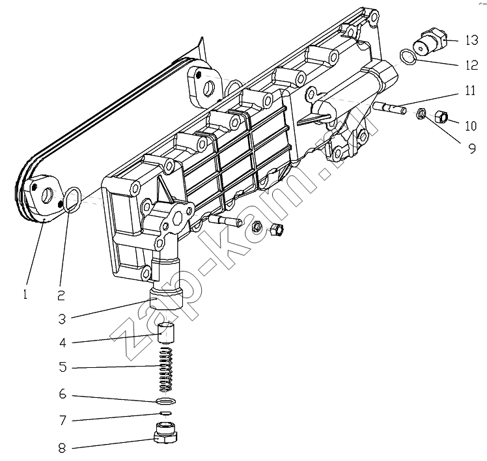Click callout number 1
(x=25, y=294)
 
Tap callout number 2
(x=61, y=295)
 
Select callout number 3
(x=62, y=319)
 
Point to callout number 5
(x=63, y=367)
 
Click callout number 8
(x=62, y=447)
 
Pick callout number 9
(x=471, y=148)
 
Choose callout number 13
(x=472, y=40)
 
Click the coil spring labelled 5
(x=166, y=370)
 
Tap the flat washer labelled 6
(x=167, y=401)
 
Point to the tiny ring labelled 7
(x=165, y=413)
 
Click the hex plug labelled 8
(x=165, y=433)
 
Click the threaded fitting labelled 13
(x=431, y=42)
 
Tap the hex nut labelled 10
(x=440, y=117)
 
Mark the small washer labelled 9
(x=421, y=115)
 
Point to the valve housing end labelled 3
(x=167, y=298)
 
